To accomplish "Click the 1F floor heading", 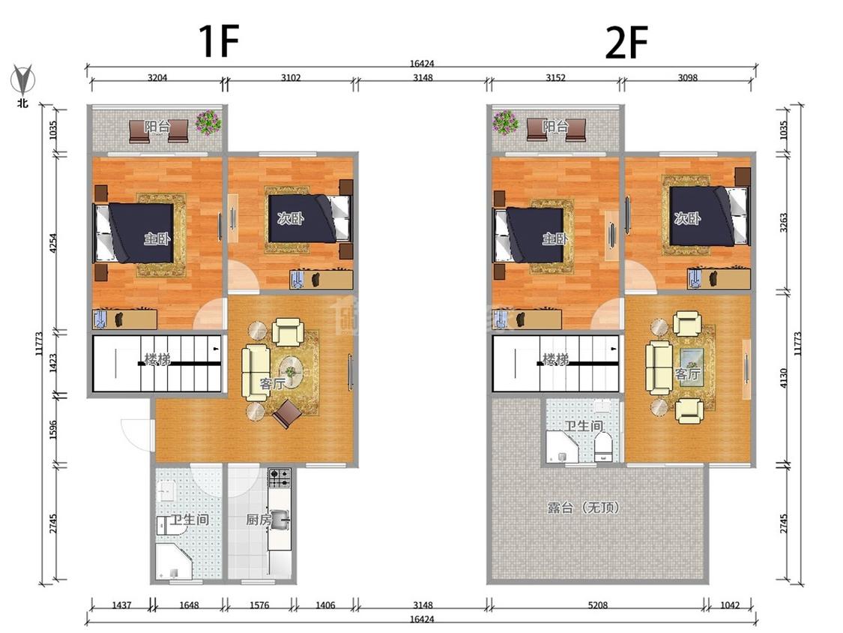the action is (218, 41).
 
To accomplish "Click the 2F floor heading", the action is (626, 42).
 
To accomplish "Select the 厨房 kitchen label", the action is (259, 520).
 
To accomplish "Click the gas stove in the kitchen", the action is (280, 478).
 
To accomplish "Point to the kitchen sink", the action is (280, 520).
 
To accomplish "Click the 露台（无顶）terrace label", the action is (583, 507).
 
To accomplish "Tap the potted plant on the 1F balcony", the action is (208, 123).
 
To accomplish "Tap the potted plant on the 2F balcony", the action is (505, 123).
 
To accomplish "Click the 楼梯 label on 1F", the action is (157, 358).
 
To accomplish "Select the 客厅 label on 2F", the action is (688, 374).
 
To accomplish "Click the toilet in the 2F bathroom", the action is (604, 448).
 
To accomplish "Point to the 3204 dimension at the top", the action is (157, 77).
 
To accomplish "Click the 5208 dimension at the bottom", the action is (597, 605).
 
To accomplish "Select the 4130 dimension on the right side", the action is (783, 379).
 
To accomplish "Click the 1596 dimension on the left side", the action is (52, 430).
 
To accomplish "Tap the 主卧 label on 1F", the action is (157, 237).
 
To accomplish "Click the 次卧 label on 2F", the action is (687, 218).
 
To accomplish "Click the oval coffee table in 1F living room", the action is (290, 370).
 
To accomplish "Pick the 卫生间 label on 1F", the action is (190, 520).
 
